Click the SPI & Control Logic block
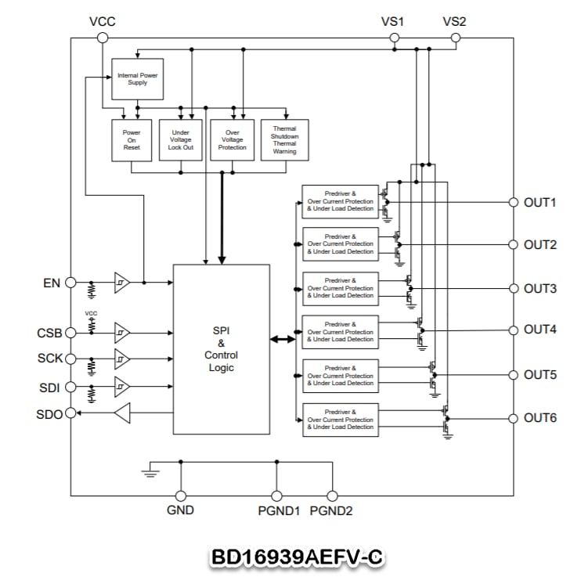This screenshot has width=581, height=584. pos(221,349)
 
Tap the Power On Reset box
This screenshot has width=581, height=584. pos(132,139)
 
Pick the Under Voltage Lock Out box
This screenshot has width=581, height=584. pos(180,139)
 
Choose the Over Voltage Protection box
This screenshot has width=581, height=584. pos(233,139)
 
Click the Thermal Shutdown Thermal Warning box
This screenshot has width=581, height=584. pos(284,139)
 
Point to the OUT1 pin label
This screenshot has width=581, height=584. pos(539,203)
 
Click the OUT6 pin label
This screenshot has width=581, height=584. pos(539,418)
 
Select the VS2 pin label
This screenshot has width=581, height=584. pos(454,21)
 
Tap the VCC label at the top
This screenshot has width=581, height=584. pos(102,21)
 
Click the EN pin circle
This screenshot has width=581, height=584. pos(70,282)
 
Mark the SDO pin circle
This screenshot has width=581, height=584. pos(70,413)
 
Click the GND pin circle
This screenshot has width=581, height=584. pos(180,496)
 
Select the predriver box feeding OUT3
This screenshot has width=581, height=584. pos(341,288)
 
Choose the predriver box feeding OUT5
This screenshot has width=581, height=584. pos(341,376)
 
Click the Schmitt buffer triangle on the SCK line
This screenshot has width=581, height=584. pos(122,359)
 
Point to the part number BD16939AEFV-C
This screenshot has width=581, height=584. pos(297,557)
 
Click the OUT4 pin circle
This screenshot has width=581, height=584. pos(514,330)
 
